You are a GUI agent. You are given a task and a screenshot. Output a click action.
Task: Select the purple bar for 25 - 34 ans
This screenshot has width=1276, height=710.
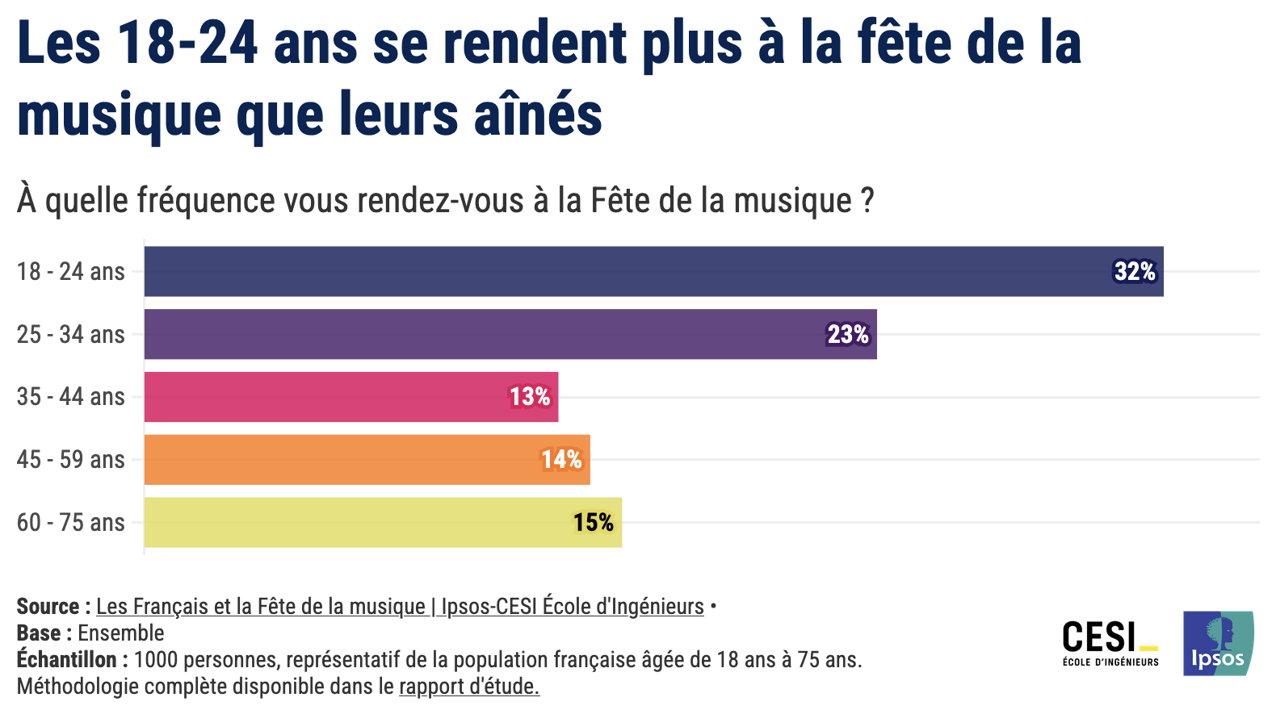485,334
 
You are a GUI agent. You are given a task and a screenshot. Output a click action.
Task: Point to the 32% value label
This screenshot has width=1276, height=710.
1135,272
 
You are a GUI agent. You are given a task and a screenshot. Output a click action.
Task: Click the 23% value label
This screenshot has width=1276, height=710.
848,334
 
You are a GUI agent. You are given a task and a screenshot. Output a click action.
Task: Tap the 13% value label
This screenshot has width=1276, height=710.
530,397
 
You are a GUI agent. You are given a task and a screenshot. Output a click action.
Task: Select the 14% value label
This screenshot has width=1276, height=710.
561,460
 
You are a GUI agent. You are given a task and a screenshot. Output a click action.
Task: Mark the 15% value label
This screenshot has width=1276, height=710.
594,523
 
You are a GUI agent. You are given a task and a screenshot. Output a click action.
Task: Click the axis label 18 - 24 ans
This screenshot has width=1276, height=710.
71,272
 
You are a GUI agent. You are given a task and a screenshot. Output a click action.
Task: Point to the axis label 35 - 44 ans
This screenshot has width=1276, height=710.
71,397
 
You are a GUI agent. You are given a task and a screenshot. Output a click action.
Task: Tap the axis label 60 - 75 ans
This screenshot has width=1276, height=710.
71,523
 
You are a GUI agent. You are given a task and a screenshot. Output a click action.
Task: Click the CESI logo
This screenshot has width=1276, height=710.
1110,643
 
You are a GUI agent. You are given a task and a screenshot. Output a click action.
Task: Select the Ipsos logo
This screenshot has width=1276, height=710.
1218,643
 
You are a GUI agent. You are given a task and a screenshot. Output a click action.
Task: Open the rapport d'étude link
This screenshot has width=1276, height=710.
468,687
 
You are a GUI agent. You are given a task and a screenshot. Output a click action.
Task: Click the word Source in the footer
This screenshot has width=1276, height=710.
48,607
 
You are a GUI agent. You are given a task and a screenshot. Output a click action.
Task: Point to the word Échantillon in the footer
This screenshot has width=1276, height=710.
67,660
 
